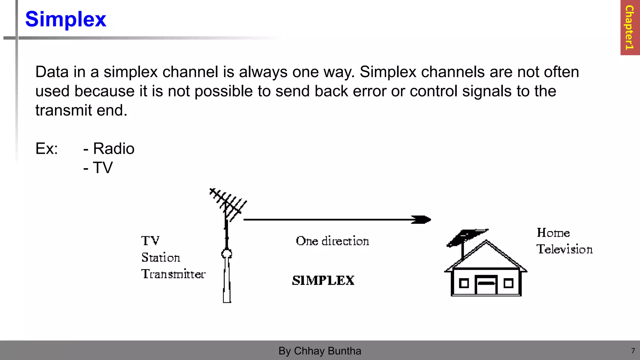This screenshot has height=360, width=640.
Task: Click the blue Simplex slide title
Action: click(x=66, y=19)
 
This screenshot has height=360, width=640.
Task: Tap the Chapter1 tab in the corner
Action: click(x=629, y=27)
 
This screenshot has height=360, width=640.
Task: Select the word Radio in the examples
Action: click(x=114, y=148)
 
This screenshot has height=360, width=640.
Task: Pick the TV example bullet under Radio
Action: click(x=102, y=168)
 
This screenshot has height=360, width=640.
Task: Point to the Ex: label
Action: click(x=47, y=148)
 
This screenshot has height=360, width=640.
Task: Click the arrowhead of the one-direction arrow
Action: click(x=422, y=220)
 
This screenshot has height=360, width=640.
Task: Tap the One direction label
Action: click(x=332, y=241)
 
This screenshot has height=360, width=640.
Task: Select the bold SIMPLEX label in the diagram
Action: click(x=323, y=280)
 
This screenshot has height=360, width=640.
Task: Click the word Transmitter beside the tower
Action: click(x=173, y=274)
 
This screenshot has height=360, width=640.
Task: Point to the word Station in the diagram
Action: click(x=161, y=257)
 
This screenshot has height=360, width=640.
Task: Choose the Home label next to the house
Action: click(x=553, y=233)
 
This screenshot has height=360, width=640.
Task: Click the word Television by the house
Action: click(x=564, y=249)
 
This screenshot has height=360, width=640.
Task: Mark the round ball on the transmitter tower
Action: click(x=227, y=253)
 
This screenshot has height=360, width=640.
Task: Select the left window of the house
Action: click(x=464, y=283)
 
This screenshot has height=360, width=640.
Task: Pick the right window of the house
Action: click(x=508, y=283)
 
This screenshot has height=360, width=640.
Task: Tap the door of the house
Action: click(x=486, y=285)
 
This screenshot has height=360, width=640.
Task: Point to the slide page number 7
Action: click(x=633, y=351)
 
